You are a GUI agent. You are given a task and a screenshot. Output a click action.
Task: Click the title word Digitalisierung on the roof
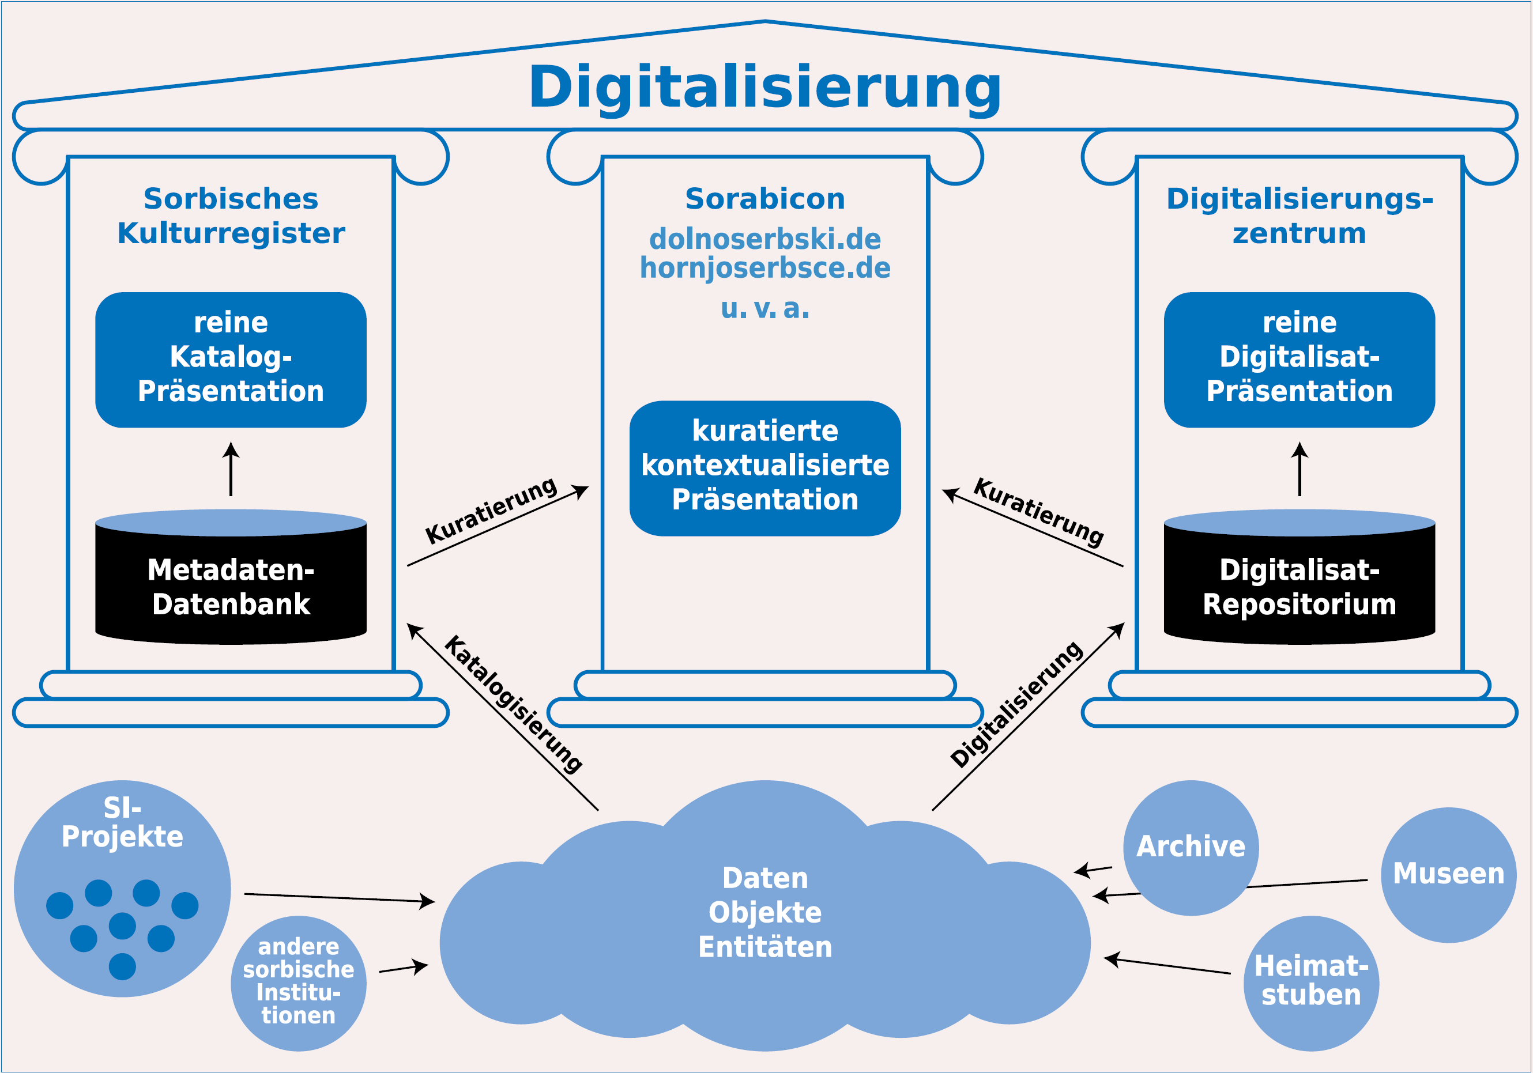(x=764, y=88)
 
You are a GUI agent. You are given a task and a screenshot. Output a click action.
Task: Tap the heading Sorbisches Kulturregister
(x=231, y=216)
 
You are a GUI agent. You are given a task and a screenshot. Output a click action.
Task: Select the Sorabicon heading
(x=765, y=199)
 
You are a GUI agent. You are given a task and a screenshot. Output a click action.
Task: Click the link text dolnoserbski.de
(x=765, y=239)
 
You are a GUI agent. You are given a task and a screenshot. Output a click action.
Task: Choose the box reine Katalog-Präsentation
(x=231, y=360)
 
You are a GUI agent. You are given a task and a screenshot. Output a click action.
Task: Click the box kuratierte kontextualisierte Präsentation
(x=765, y=468)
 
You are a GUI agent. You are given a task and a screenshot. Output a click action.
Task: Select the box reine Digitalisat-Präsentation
(x=1300, y=360)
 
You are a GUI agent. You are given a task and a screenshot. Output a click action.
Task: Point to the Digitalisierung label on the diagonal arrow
(x=1016, y=704)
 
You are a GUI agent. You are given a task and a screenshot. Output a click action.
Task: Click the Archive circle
(x=1191, y=848)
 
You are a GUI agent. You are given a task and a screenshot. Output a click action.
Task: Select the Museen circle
(x=1448, y=875)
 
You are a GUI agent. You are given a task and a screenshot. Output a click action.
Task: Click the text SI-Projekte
(x=122, y=822)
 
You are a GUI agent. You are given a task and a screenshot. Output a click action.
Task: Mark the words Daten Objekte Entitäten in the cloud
(x=765, y=912)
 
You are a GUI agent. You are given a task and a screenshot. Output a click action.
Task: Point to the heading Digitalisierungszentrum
(x=1300, y=216)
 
